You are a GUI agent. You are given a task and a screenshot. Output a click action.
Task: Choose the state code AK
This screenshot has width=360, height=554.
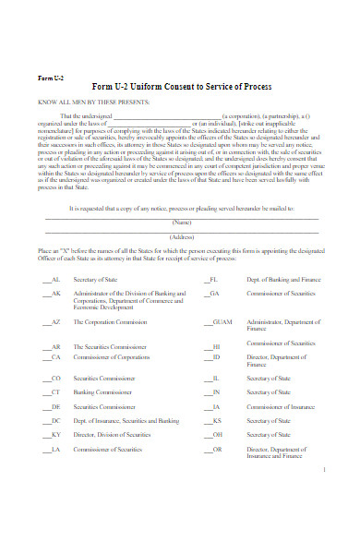coord(56,294)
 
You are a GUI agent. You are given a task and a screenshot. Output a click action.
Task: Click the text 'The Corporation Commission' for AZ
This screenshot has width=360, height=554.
coord(107,321)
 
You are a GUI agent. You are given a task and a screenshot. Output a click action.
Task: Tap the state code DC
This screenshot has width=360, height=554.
coord(56,420)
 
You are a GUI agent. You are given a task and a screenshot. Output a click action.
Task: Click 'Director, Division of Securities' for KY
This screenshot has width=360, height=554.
coord(113,434)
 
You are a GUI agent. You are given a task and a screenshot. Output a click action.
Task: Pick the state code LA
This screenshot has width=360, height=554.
coord(56,449)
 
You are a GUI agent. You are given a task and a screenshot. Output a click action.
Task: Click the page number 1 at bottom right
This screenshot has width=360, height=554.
coord(326,470)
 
